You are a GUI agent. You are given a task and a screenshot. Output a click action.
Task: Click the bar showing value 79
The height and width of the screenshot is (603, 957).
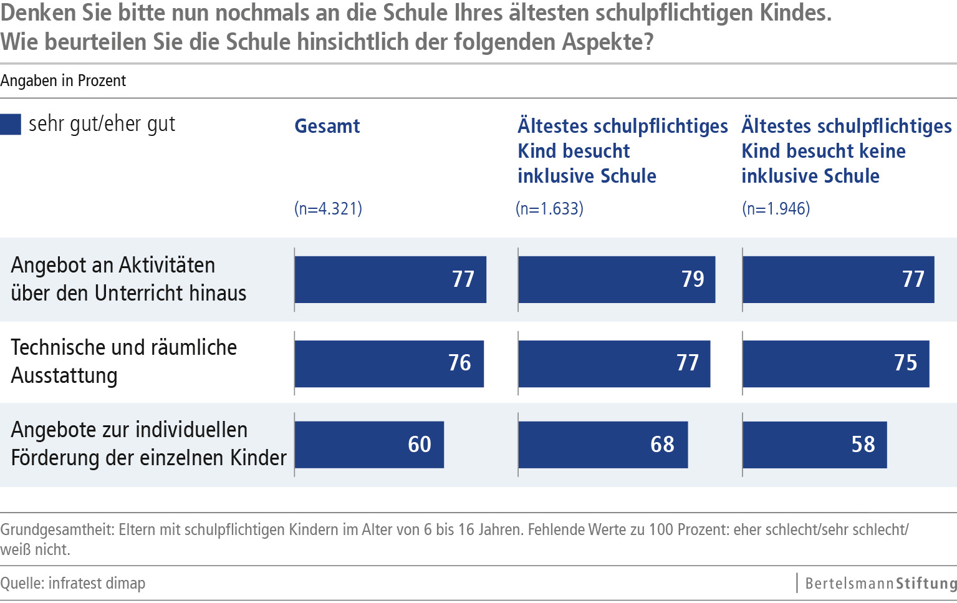pyautogui.click(x=616, y=279)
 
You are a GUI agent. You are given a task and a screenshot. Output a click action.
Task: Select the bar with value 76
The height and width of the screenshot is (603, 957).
pyautogui.click(x=389, y=364)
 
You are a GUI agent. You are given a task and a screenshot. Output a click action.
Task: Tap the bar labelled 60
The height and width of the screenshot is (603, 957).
pyautogui.click(x=369, y=445)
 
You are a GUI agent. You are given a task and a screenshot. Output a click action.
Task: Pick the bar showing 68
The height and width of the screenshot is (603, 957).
pyautogui.click(x=603, y=445)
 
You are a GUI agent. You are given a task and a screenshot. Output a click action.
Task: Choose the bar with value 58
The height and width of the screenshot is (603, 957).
pyautogui.click(x=814, y=445)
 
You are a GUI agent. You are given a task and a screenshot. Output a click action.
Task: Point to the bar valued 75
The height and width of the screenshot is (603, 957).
pyautogui.click(x=835, y=364)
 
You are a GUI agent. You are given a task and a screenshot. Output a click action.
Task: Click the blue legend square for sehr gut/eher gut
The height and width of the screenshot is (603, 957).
pyautogui.click(x=11, y=124)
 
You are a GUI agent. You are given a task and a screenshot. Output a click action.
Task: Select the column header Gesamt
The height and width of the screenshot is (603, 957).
pyautogui.click(x=327, y=126)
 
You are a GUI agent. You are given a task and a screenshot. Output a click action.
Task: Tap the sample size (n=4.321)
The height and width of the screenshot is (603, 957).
pyautogui.click(x=328, y=208)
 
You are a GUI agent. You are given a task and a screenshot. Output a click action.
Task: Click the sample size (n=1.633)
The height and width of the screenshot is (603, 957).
pyautogui.click(x=550, y=208)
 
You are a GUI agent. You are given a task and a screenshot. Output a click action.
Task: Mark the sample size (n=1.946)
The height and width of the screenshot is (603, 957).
pyautogui.click(x=776, y=208)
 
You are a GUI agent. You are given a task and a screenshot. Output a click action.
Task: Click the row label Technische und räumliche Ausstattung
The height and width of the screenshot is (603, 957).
pyautogui.click(x=123, y=361)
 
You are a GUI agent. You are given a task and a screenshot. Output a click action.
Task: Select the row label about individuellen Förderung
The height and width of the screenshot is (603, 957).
pyautogui.click(x=148, y=443)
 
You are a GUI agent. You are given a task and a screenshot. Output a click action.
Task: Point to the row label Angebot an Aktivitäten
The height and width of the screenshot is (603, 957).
pyautogui.click(x=128, y=279)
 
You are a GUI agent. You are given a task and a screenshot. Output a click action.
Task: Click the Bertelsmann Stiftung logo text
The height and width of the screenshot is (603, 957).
pyautogui.click(x=880, y=584)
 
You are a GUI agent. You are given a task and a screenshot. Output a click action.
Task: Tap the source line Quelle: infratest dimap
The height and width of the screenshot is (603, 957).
pyautogui.click(x=73, y=584)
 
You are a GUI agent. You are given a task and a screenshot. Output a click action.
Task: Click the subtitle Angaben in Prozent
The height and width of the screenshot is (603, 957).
pyautogui.click(x=63, y=81)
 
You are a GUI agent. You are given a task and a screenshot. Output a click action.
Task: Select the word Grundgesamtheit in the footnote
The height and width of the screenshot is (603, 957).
pyautogui.click(x=56, y=530)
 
